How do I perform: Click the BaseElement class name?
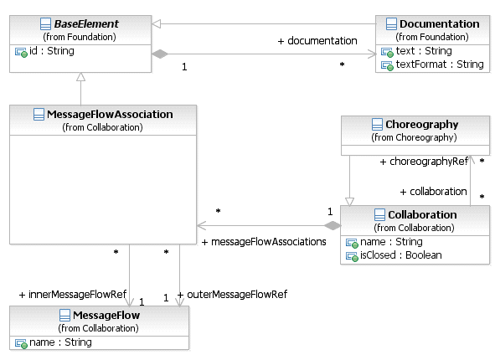coord(86,23)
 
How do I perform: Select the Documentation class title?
coord(440,23)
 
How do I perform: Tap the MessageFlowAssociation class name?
coord(110,114)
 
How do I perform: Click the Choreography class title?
coord(422,125)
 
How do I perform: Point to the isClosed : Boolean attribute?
coord(401,255)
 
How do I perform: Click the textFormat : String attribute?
coord(440,64)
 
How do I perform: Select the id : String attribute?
coord(52,51)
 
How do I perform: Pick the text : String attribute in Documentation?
coord(424,51)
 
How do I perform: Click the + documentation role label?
coord(317,41)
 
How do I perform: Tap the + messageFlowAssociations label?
coord(264,242)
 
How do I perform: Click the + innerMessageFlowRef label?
coord(73,295)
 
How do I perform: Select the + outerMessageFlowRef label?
coord(232,295)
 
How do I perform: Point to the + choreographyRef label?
coord(424,162)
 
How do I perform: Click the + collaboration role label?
coord(434,192)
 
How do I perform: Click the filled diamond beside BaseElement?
coord(160,54)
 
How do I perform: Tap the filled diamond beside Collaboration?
coord(333,225)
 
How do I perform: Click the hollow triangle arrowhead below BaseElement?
coord(80,77)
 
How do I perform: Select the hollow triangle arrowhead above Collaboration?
coord(349,202)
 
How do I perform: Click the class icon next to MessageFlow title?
coord(64,315)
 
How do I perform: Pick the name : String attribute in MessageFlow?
coord(60,342)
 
